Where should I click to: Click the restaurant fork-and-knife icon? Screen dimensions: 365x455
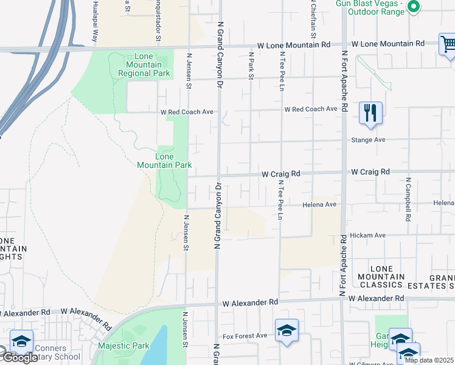(370, 113)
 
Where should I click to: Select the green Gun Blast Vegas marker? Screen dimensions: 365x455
(414, 7)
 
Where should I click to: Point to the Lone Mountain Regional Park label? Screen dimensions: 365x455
(144, 64)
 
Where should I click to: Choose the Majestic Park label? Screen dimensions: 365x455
(123, 346)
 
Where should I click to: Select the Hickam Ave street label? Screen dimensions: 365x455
(370, 235)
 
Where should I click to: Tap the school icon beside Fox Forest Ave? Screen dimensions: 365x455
(287, 330)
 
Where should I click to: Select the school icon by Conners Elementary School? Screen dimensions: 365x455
(21, 341)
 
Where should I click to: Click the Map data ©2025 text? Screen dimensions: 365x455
(429, 360)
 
